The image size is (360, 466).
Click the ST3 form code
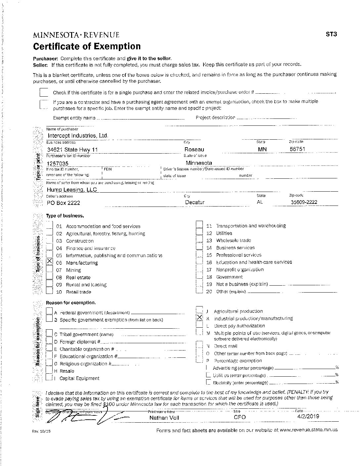(331, 34)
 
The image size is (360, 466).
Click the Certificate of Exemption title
(86, 46)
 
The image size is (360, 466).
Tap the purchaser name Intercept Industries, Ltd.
(78, 136)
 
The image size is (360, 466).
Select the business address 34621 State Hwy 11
(72, 150)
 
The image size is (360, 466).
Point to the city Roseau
(194, 150)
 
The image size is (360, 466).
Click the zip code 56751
(297, 149)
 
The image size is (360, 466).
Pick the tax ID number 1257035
(58, 163)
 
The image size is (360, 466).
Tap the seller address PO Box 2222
(63, 203)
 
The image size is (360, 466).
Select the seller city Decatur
(195, 202)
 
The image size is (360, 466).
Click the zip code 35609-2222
(304, 202)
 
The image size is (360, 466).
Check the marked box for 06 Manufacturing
(50, 261)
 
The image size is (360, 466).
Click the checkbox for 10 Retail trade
(50, 291)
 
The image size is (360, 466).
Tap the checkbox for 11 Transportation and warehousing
(199, 225)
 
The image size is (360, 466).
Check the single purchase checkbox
(44, 92)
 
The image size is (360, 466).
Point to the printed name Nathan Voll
(164, 418)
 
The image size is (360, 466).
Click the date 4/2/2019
(308, 416)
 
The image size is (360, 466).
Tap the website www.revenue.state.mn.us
(308, 430)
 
